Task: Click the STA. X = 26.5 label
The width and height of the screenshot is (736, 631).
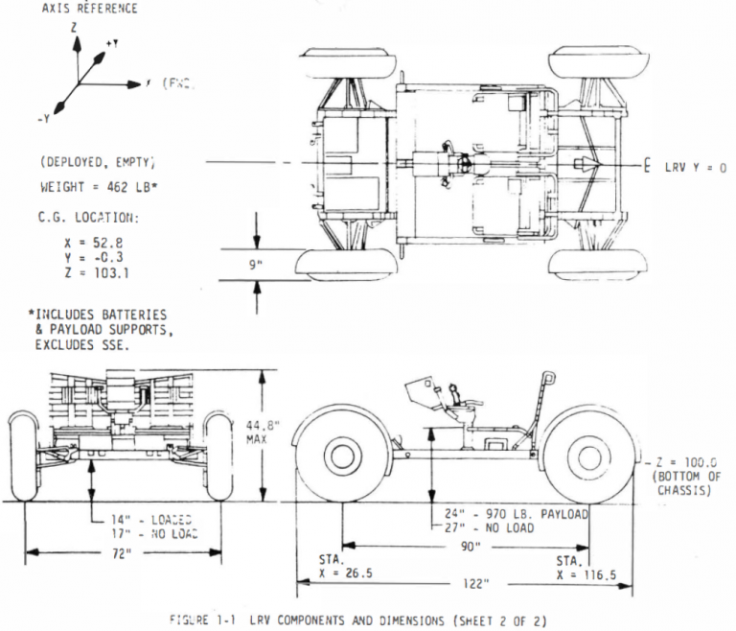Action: (x=345, y=566)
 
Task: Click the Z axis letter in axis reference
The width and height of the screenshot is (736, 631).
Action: (x=74, y=30)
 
